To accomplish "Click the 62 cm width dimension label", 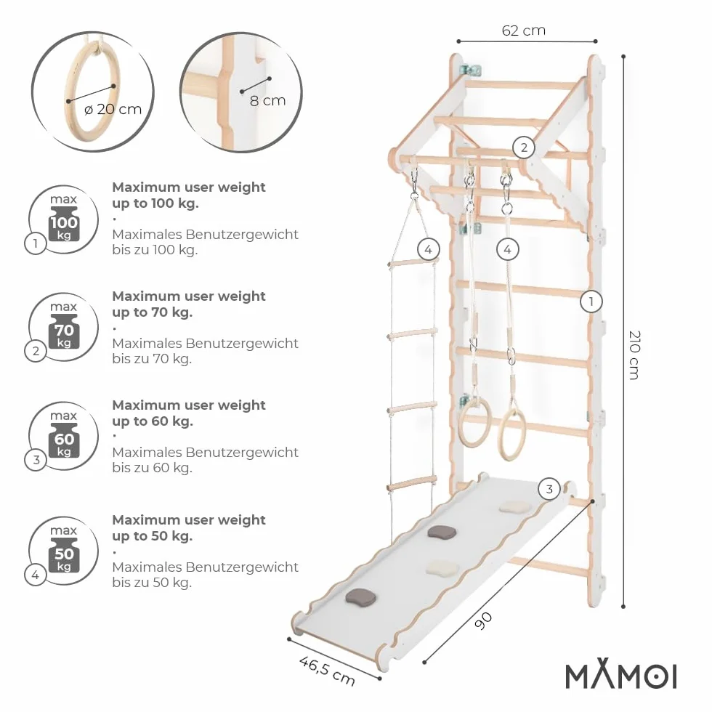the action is click(524, 31).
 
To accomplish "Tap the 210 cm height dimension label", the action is click(634, 355).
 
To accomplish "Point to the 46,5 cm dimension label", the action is click(327, 671).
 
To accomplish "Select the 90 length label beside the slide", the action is click(483, 620).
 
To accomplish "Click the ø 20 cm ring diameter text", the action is click(113, 110).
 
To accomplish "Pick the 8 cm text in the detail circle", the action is click(267, 100).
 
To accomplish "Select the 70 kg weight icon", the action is click(64, 331).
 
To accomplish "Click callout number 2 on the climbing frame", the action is click(524, 147).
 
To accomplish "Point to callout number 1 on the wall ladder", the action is click(591, 302).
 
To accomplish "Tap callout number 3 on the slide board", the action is click(549, 489).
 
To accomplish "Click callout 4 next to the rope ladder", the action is click(428, 249).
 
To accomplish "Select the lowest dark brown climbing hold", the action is click(361, 597).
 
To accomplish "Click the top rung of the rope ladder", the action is click(413, 262).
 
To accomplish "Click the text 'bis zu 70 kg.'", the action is click(152, 359).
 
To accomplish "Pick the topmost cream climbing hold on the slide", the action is click(514, 507).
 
